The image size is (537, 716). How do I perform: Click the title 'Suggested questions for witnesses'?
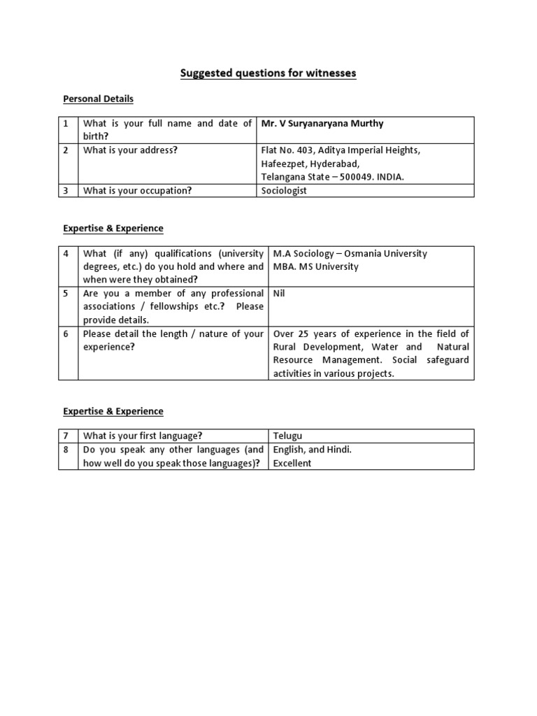(x=268, y=73)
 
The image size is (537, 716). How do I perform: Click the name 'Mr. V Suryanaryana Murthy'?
(x=322, y=124)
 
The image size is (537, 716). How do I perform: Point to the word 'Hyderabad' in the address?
(x=334, y=164)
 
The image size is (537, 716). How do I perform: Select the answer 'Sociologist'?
(x=284, y=190)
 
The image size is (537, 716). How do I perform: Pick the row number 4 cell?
(x=67, y=254)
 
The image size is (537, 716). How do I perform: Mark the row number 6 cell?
(x=67, y=334)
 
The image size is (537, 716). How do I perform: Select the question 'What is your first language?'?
(x=143, y=436)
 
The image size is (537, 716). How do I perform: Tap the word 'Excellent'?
(x=292, y=463)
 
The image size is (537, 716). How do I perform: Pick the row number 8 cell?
(x=67, y=450)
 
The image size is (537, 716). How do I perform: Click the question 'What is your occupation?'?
(x=137, y=190)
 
